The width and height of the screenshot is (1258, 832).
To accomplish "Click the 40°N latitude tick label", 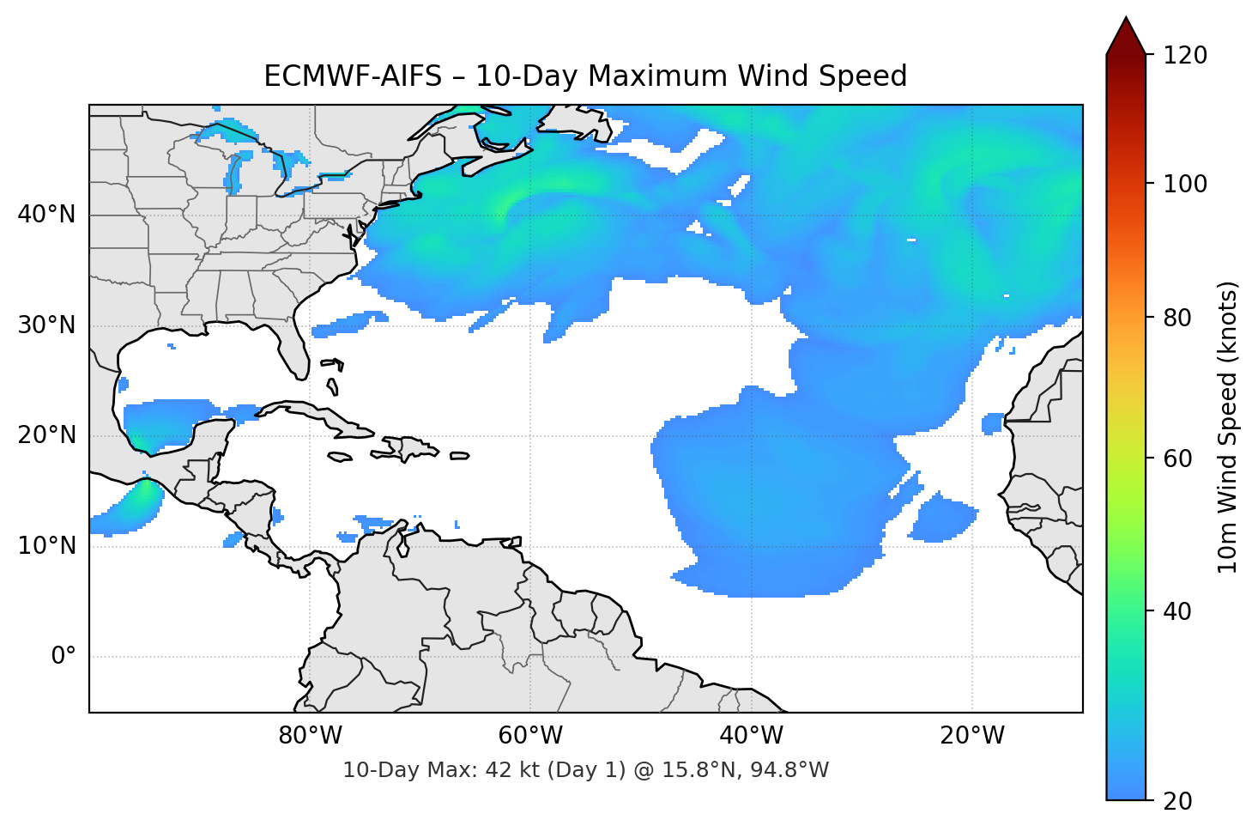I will [46, 215].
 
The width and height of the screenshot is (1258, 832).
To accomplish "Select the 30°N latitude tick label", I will [46, 325].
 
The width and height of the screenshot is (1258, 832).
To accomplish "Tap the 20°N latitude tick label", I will [46, 435].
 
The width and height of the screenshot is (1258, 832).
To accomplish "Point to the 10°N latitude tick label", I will [46, 546].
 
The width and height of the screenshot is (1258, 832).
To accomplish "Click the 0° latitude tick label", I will [64, 657].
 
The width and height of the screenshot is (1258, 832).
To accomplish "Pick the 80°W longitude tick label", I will [311, 736].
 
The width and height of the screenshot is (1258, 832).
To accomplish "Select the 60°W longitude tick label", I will [531, 736].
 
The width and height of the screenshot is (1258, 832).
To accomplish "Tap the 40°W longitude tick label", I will [752, 736].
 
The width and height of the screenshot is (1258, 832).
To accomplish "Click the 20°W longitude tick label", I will [972, 736].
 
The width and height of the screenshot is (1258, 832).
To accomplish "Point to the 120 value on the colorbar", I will [1185, 56].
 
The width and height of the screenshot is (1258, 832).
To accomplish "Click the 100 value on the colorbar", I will [1185, 184].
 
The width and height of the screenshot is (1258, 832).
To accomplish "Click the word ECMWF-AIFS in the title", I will [353, 76].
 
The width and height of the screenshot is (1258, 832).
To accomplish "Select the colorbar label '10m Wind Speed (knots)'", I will [1228, 428].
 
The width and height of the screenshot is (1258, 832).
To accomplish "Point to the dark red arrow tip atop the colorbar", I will [1126, 34].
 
